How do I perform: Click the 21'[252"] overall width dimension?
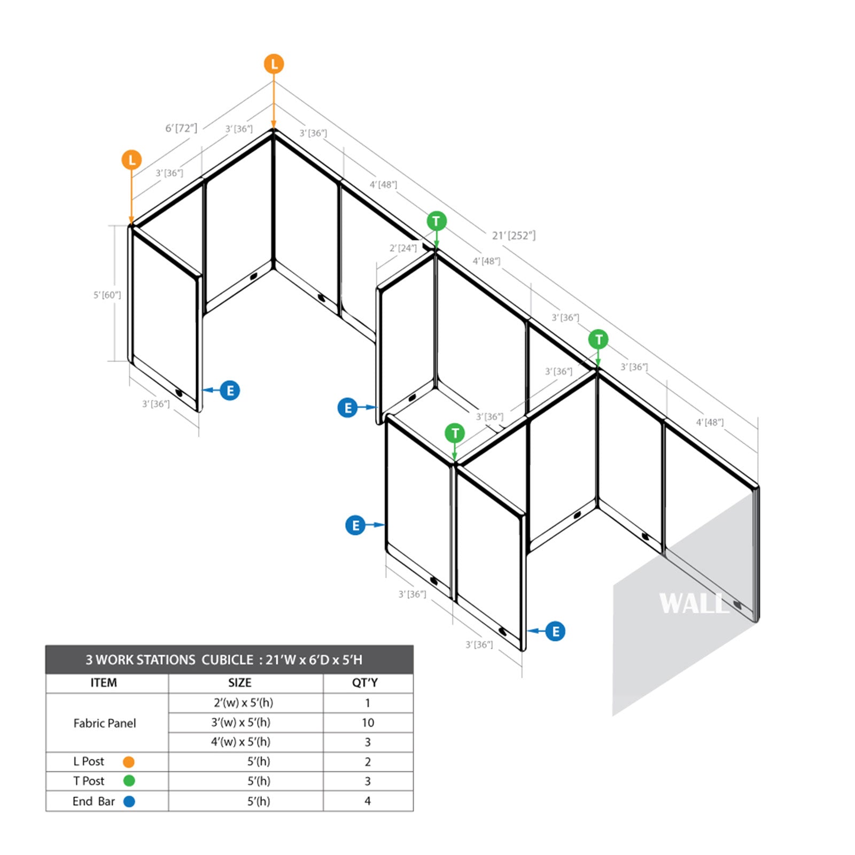pyautogui.click(x=514, y=235)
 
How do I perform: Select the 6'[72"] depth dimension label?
pyautogui.click(x=181, y=128)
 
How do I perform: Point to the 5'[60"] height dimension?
pyautogui.click(x=107, y=295)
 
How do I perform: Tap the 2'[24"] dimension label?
pyautogui.click(x=403, y=248)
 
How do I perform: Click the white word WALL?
pyautogui.click(x=694, y=604)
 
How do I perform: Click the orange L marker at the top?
pyautogui.click(x=274, y=64)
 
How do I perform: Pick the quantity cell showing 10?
pyautogui.click(x=368, y=722)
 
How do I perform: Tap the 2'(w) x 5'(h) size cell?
pyautogui.click(x=243, y=703)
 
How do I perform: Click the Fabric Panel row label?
pyautogui.click(x=105, y=723)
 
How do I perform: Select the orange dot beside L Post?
pyautogui.click(x=129, y=761)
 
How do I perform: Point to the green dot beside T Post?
pyautogui.click(x=129, y=781)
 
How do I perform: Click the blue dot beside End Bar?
pyautogui.click(x=129, y=801)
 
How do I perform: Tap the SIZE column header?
pyautogui.click(x=239, y=683)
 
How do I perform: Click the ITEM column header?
pyautogui.click(x=104, y=683)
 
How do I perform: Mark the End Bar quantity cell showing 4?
pyautogui.click(x=368, y=801)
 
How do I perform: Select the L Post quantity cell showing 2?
pyautogui.click(x=368, y=761)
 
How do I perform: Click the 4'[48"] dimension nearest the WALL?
pyautogui.click(x=710, y=422)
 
